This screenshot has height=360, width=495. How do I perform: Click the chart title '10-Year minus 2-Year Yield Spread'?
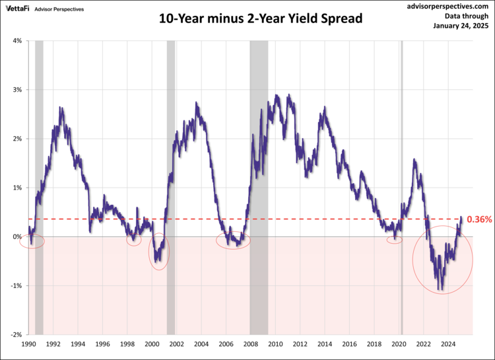[261, 18]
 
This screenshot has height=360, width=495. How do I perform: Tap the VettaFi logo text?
[18, 9]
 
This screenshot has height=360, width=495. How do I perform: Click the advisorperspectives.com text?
[449, 5]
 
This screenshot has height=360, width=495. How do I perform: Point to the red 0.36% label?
[479, 219]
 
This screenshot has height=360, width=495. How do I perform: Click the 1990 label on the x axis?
[29, 344]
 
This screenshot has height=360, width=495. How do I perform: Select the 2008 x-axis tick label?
[251, 344]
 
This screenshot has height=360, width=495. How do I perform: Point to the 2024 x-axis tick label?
[447, 344]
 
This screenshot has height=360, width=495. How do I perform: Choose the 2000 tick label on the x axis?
[152, 344]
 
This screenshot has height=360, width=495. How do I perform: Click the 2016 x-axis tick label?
[349, 344]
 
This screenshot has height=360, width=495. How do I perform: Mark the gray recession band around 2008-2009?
[259, 132]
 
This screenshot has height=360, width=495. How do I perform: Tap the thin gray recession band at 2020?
[402, 132]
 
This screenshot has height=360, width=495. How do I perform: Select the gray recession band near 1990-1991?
[39, 132]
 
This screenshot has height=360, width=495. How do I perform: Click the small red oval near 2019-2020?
[394, 240]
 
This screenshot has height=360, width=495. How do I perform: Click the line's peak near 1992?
[61, 108]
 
